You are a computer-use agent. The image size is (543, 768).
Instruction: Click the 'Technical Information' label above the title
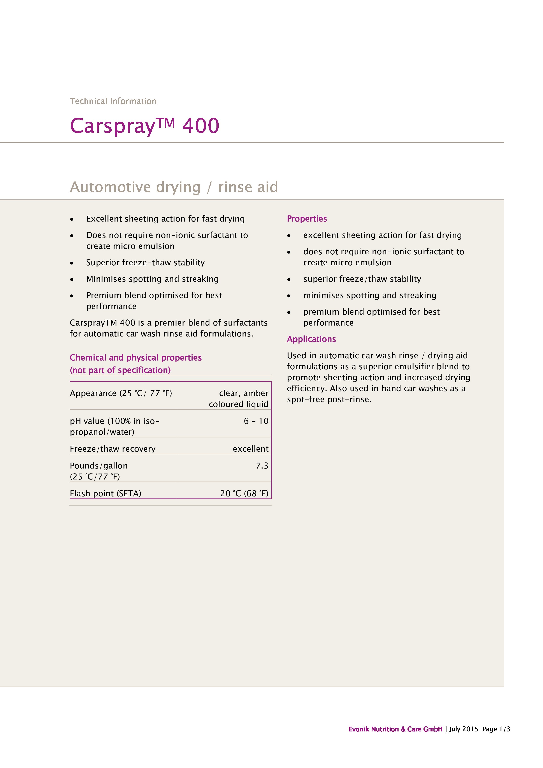pos(113,101)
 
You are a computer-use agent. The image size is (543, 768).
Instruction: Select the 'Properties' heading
pos(307,219)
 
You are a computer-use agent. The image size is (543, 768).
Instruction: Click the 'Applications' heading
pos(311,339)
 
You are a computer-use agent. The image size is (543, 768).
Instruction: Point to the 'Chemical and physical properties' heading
pos(135,358)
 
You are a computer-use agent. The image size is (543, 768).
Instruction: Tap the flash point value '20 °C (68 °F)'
pos(244,493)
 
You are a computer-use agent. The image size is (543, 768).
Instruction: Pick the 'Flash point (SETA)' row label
pos(105,493)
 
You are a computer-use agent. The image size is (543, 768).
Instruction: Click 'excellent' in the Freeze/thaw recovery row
pos(250,449)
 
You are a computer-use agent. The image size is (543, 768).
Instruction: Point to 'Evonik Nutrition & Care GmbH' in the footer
pos(395,729)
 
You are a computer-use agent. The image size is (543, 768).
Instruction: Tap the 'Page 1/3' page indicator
pos(496,729)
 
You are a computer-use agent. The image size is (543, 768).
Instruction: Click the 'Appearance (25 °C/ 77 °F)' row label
pos(121,393)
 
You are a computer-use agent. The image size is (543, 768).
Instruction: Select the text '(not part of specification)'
pos(120,370)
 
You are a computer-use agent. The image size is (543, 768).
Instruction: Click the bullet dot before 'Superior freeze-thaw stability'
pos(72,263)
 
